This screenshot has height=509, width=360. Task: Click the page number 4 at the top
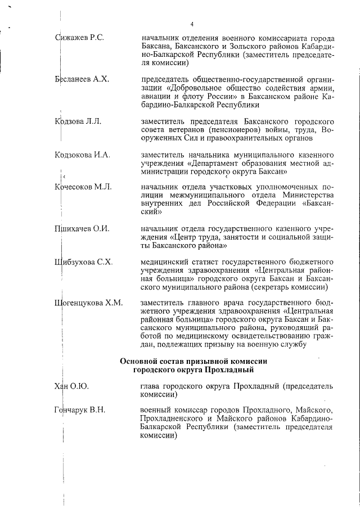(192, 24)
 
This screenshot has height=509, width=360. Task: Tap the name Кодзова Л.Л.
(79, 121)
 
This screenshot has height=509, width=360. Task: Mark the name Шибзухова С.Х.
(84, 262)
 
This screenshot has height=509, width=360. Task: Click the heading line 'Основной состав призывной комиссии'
(192, 361)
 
